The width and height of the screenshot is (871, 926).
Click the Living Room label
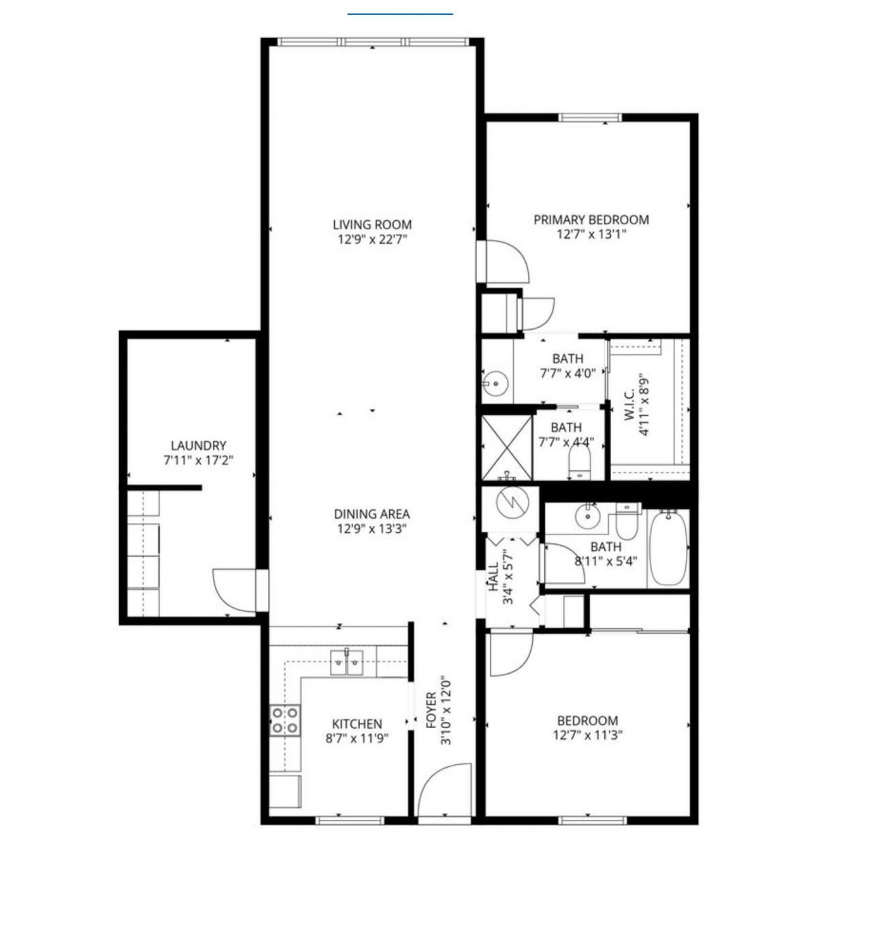coord(372,224)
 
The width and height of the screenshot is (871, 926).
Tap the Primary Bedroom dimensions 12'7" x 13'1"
coord(591,235)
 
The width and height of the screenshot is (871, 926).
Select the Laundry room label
coord(198,446)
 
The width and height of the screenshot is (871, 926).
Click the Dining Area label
coord(372,514)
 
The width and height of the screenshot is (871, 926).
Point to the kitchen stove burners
coord(285,720)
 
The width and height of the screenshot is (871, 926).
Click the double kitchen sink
coord(347,662)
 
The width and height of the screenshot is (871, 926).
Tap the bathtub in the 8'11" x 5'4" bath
coord(668,549)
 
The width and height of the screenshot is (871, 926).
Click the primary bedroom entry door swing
coord(506,262)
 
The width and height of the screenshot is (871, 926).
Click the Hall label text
coord(493,578)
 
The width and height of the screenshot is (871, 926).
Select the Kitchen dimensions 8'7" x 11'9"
coord(357,738)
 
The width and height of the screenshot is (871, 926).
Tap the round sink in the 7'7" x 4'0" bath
coord(495,383)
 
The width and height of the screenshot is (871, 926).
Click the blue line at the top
coord(400,13)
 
